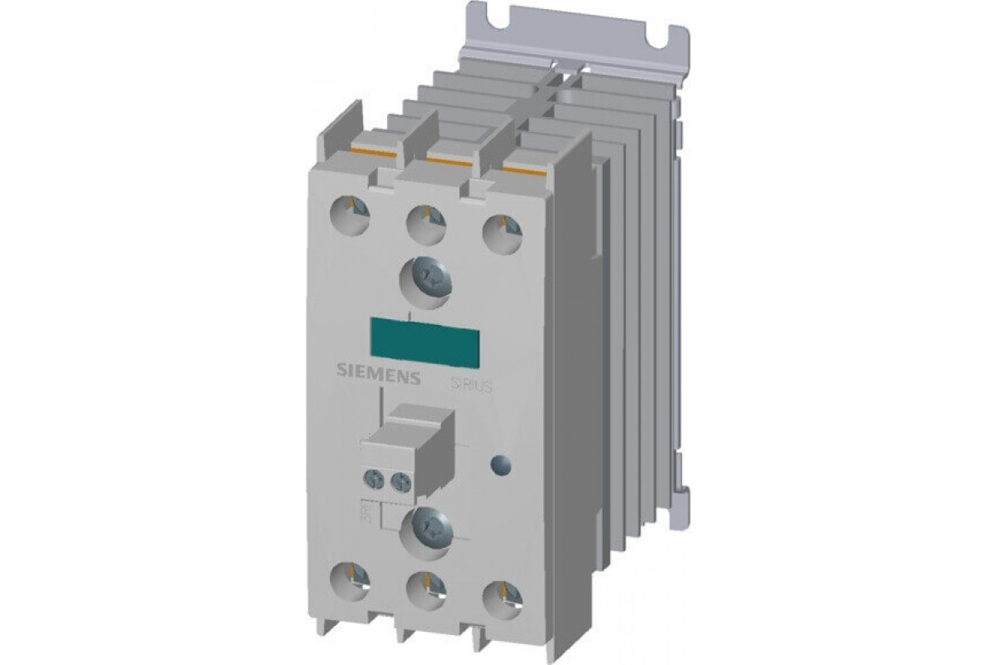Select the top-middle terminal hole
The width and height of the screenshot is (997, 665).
point(426,219)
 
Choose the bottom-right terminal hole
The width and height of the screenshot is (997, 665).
point(500,594)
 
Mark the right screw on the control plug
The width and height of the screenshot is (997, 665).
point(401,480)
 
